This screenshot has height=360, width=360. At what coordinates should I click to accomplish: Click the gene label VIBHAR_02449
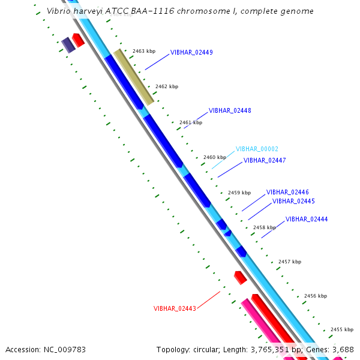point(191,52)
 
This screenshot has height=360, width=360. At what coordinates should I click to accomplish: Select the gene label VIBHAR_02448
point(230,110)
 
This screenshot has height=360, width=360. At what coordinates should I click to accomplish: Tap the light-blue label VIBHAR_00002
point(257,149)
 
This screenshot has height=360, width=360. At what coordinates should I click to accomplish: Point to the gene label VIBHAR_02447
point(265,160)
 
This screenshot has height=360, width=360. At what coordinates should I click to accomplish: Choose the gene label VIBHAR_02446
point(287,192)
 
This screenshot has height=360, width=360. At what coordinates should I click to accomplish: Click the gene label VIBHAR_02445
point(293,201)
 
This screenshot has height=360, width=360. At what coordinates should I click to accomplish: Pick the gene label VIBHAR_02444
point(307,219)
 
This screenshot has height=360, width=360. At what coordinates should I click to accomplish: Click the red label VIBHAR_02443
point(175,308)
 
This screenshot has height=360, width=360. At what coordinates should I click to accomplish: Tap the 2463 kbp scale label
point(144,52)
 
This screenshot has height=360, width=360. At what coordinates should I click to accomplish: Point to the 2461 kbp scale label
point(191,122)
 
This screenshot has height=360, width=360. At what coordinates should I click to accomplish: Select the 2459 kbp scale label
point(239,193)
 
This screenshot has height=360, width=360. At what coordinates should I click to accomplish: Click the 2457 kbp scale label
point(290,262)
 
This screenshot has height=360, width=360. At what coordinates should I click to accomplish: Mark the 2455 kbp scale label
point(342,329)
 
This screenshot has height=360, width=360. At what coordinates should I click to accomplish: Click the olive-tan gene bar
point(134,77)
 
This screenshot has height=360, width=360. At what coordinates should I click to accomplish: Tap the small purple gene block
point(68,44)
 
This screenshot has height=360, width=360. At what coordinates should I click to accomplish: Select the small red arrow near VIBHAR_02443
point(240,277)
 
